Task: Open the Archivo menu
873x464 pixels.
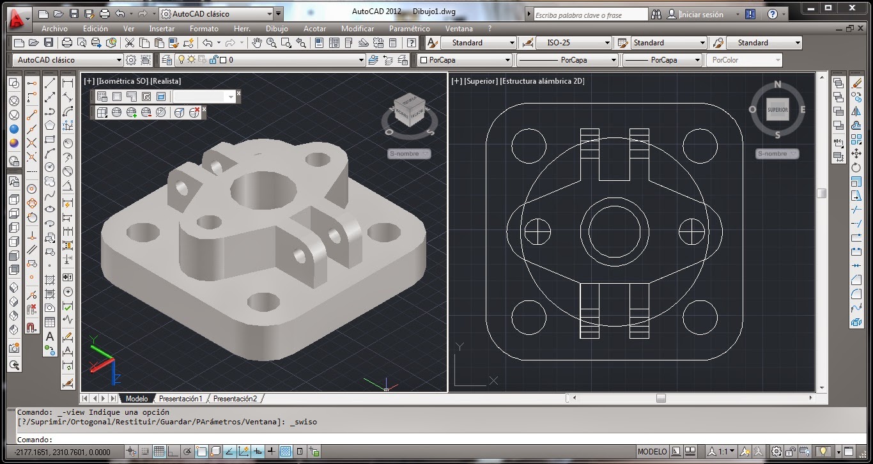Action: (x=54, y=28)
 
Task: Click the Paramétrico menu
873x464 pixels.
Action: (x=409, y=28)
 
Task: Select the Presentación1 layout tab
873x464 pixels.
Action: (x=181, y=398)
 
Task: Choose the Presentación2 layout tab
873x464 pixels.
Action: (x=235, y=398)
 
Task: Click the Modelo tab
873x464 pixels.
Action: (x=136, y=398)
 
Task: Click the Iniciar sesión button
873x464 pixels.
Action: (x=701, y=14)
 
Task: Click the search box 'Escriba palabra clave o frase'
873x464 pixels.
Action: (x=590, y=14)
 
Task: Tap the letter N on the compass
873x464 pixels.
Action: (x=778, y=84)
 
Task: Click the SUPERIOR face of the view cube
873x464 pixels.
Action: (x=778, y=109)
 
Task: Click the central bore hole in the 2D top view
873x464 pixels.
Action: (x=614, y=231)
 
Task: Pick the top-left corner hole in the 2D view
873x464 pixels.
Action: (x=528, y=145)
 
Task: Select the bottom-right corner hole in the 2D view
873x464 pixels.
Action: (x=700, y=316)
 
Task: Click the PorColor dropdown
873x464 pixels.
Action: (x=744, y=60)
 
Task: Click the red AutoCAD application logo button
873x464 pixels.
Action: (x=18, y=19)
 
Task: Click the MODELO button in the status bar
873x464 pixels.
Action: (x=652, y=451)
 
